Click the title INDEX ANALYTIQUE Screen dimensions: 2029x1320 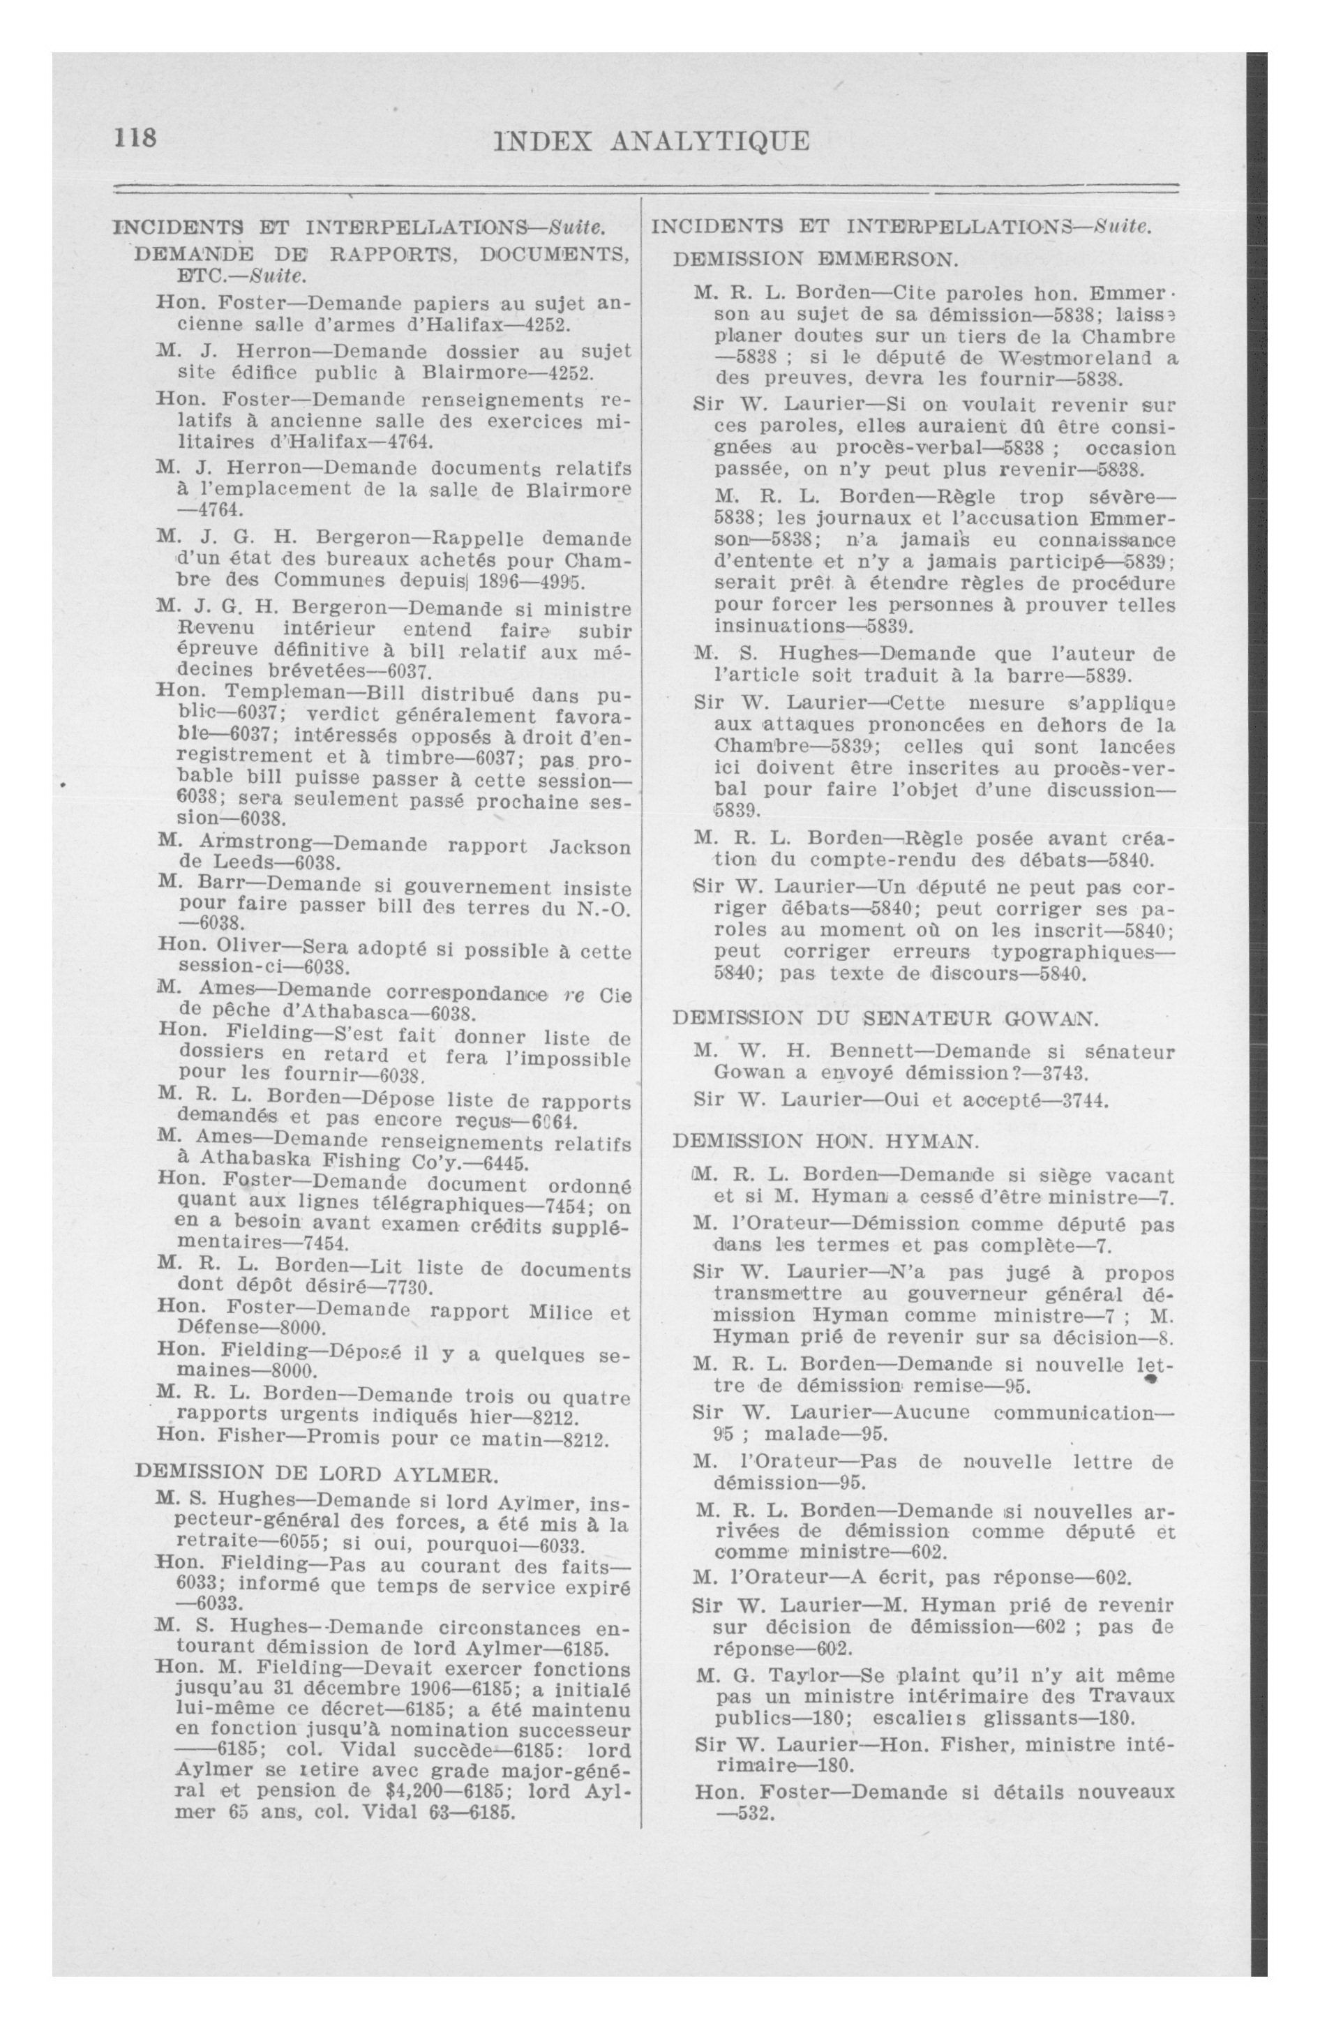[652, 141]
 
